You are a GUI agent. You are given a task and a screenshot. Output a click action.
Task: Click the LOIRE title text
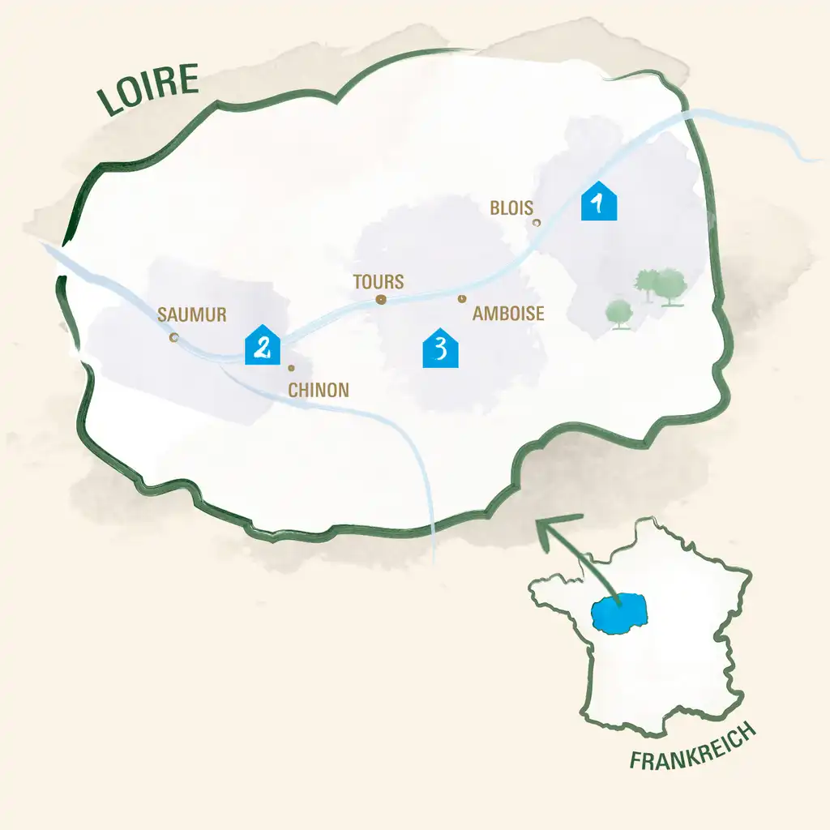pos(148,88)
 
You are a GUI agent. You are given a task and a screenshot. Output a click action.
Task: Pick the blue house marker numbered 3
pos(441,349)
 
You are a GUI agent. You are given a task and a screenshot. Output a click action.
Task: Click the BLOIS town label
pos(511,208)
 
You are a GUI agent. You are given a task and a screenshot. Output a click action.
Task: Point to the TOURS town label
pos(379,282)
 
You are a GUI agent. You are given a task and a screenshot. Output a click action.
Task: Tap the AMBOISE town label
pos(508,314)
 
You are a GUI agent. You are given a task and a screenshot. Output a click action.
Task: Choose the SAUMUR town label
pos(192,314)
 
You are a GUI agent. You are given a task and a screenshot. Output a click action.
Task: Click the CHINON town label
pos(319,390)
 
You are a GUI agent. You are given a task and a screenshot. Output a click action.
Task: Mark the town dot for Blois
pos(536,222)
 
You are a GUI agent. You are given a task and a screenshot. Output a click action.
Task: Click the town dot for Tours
pos(380,300)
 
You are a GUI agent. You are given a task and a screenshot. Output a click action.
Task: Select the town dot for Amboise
pos(461,299)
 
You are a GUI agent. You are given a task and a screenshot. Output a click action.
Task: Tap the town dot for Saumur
pos(173,336)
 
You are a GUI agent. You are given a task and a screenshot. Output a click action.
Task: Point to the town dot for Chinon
pos(291,368)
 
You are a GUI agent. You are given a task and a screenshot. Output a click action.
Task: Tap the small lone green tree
pos(619,312)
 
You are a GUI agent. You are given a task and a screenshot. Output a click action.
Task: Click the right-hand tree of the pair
pos(671,286)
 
